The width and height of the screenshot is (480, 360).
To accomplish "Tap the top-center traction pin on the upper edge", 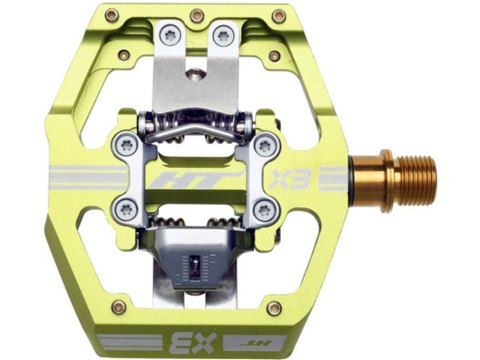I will pos(196,15).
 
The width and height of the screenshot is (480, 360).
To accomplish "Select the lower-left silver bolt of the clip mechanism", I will pos(124,208).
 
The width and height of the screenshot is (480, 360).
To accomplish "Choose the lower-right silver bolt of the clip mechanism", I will pos(266,208).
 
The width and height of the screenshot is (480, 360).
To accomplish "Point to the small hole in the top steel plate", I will pos(196,72).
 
